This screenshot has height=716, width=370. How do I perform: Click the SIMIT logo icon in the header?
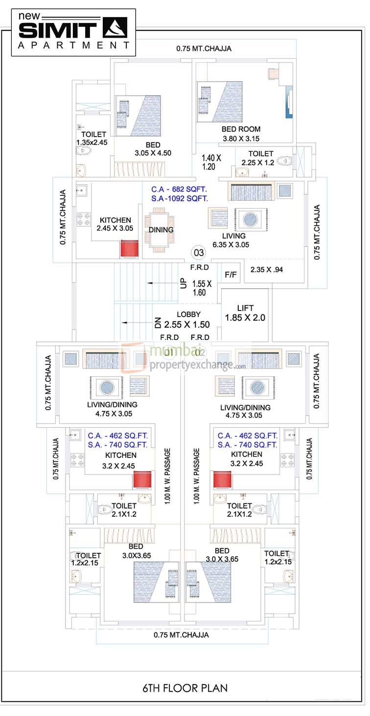[x=115, y=27]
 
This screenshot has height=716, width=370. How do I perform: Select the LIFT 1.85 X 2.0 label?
[x=245, y=313]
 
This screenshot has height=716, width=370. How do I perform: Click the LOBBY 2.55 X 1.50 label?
[x=186, y=320]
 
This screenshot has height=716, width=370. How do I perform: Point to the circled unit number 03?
[x=199, y=253]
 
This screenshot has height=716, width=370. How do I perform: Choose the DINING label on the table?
[x=161, y=230]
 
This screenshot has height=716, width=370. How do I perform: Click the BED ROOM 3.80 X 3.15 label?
[x=241, y=134]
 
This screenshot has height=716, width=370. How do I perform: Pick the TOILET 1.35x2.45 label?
[x=92, y=138]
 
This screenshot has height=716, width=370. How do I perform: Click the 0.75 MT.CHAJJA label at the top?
[x=204, y=48]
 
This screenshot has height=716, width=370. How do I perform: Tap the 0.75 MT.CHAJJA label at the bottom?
[x=181, y=635]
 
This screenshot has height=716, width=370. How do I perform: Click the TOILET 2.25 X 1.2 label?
[x=261, y=158]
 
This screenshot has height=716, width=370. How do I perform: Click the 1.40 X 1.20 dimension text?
[x=212, y=162]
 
